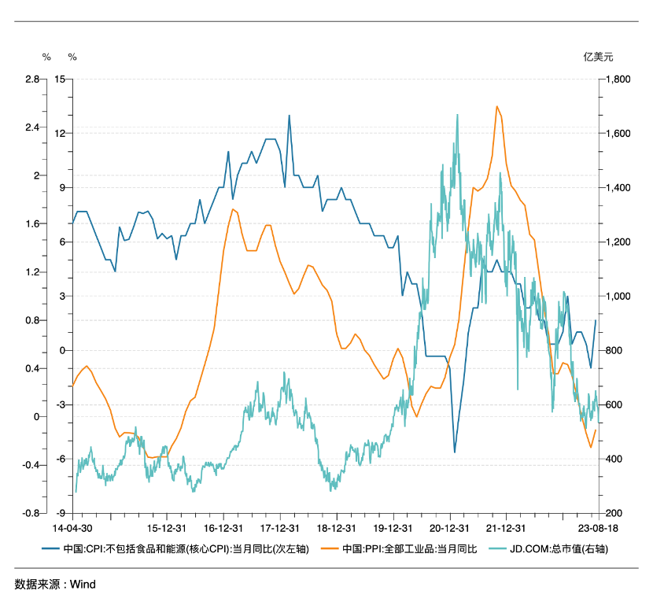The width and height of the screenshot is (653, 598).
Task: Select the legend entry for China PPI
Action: click(x=408, y=548)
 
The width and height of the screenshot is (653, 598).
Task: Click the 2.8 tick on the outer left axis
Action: click(x=31, y=79)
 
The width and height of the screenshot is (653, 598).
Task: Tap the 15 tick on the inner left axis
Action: click(x=59, y=79)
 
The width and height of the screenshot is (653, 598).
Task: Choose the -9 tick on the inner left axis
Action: click(x=59, y=513)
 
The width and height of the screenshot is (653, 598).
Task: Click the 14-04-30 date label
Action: click(x=72, y=528)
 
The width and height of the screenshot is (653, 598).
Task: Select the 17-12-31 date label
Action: click(x=280, y=528)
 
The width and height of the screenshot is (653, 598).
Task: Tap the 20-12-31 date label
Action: click(x=449, y=528)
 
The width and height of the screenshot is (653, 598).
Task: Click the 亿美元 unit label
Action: click(x=597, y=57)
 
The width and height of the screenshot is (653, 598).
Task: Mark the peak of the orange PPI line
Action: click(x=497, y=106)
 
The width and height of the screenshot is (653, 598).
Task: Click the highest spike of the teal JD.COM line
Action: click(x=457, y=115)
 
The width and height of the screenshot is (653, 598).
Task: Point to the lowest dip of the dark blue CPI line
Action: click(x=455, y=452)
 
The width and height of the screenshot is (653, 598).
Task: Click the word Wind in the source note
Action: click(x=83, y=584)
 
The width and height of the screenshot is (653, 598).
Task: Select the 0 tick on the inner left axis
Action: click(x=61, y=351)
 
